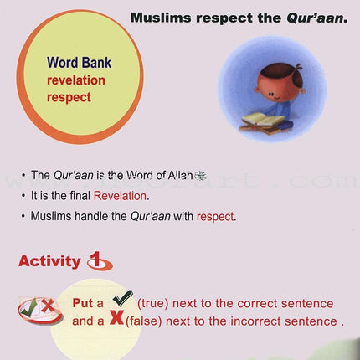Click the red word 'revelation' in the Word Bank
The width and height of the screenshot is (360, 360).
tap(77, 80)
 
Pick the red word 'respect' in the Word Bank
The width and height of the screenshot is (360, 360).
tap(69, 97)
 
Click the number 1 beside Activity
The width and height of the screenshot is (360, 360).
tap(98, 261)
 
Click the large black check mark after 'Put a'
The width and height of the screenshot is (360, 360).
tap(121, 300)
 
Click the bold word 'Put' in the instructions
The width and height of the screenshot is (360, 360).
tap(84, 303)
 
